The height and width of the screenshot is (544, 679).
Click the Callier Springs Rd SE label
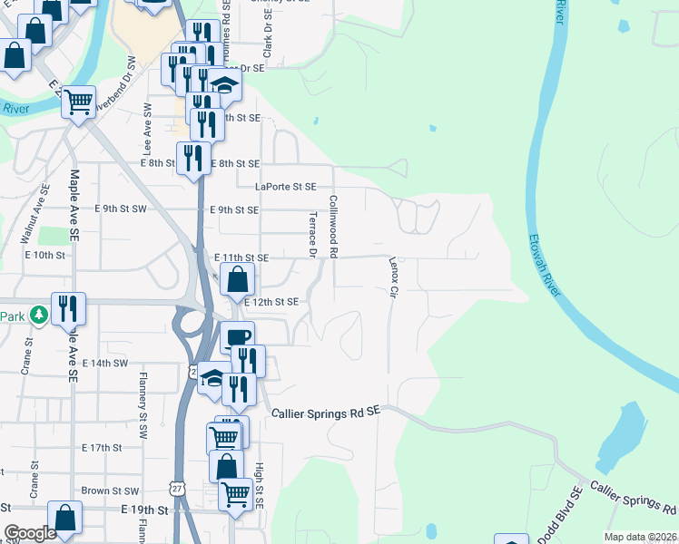(325, 413)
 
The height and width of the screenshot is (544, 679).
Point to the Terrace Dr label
(311, 234)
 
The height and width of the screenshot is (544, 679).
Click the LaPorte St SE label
(286, 187)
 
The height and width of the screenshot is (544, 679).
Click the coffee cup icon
(238, 338)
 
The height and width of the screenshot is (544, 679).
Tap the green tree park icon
(38, 316)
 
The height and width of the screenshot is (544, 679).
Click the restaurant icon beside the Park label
(67, 309)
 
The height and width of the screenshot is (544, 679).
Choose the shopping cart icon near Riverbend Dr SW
(79, 102)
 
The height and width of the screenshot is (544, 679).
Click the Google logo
(30, 533)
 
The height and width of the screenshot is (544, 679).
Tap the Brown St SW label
(109, 491)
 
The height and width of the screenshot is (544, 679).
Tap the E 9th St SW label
(121, 209)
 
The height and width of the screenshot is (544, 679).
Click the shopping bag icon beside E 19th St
(66, 520)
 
